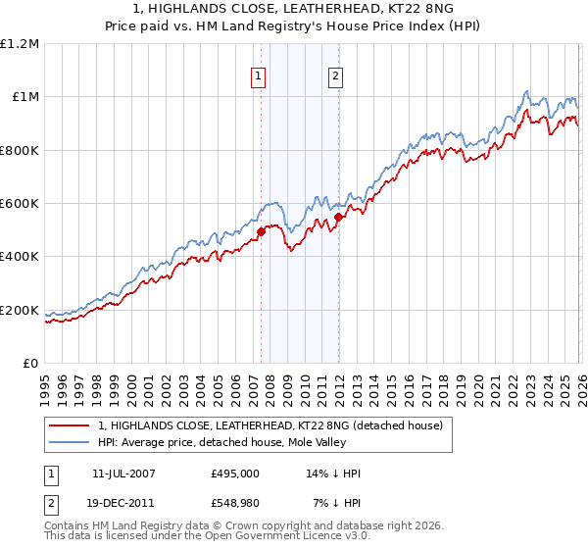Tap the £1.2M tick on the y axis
click(x=20, y=43)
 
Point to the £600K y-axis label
click(x=20, y=204)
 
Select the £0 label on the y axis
click(x=30, y=364)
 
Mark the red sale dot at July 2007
click(x=261, y=232)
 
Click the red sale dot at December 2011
click(x=338, y=218)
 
